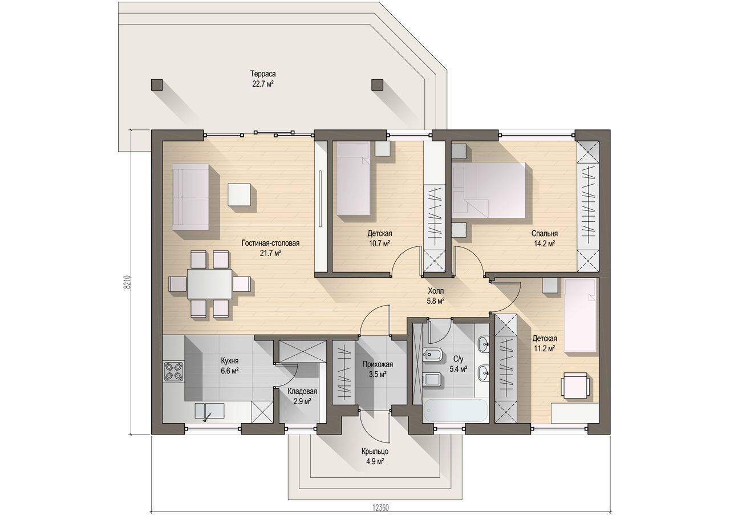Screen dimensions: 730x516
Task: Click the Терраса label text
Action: click(x=262, y=74)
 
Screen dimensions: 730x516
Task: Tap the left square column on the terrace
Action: click(x=157, y=85)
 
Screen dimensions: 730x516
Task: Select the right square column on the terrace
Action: click(x=378, y=85)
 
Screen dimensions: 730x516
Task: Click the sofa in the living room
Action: click(x=190, y=197)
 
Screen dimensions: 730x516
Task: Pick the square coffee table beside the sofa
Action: click(x=239, y=194)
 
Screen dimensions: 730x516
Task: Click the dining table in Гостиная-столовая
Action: click(x=209, y=284)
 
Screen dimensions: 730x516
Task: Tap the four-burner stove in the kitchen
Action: click(x=173, y=371)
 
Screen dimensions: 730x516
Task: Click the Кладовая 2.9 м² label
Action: click(x=302, y=396)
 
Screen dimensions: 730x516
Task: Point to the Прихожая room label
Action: click(x=378, y=364)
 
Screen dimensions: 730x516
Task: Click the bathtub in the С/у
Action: click(x=455, y=411)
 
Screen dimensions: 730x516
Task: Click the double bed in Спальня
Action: click(x=489, y=190)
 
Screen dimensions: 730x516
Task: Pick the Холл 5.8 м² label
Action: click(x=436, y=296)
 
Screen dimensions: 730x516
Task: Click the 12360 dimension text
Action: click(x=380, y=508)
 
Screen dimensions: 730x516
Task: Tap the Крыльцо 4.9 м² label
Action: click(x=375, y=457)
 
